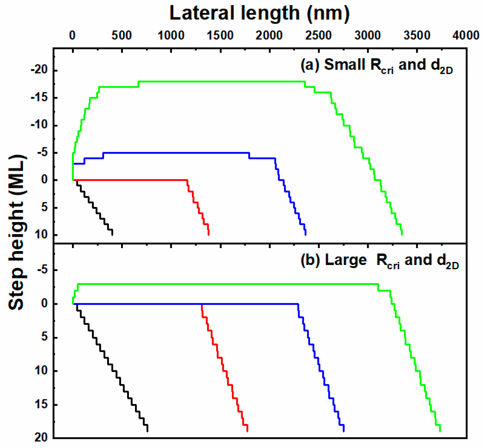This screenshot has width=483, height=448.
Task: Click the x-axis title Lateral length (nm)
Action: [x=259, y=13]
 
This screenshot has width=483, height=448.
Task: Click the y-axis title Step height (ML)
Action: [x=17, y=232]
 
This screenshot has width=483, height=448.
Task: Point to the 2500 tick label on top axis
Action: [x=318, y=36]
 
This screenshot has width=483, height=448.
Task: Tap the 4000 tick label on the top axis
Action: [x=466, y=36]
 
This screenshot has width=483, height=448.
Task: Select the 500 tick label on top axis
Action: [x=121, y=36]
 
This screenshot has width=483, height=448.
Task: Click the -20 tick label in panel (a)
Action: [x=39, y=70]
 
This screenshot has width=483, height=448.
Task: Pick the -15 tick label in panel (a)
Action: [x=39, y=98]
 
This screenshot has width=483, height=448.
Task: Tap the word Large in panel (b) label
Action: [x=346, y=260]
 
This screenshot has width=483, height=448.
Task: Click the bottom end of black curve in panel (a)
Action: [x=112, y=234]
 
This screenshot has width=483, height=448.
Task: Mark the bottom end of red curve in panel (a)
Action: [x=209, y=234]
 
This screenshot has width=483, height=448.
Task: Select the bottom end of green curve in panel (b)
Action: [x=440, y=431]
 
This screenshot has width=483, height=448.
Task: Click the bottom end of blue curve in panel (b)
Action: [x=344, y=431]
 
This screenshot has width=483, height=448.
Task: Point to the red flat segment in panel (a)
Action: [x=130, y=180]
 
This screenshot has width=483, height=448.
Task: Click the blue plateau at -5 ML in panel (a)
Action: [x=176, y=153]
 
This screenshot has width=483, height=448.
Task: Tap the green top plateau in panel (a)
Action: [x=221, y=81]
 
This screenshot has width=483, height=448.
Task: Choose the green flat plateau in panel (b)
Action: [x=227, y=284]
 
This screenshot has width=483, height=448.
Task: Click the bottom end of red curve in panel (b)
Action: [x=247, y=431]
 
